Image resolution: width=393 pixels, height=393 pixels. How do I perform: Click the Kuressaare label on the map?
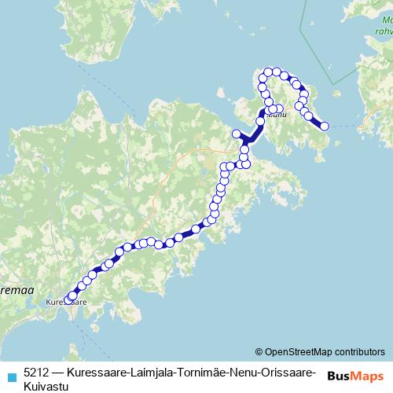66,301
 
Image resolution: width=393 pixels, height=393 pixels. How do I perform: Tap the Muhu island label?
276,115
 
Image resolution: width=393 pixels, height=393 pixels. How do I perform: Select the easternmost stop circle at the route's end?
324,126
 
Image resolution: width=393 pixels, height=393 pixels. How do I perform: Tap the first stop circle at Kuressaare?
68,299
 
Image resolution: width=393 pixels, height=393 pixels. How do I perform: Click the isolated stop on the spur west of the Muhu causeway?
236,133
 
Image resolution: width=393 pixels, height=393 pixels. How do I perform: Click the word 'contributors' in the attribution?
359,351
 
